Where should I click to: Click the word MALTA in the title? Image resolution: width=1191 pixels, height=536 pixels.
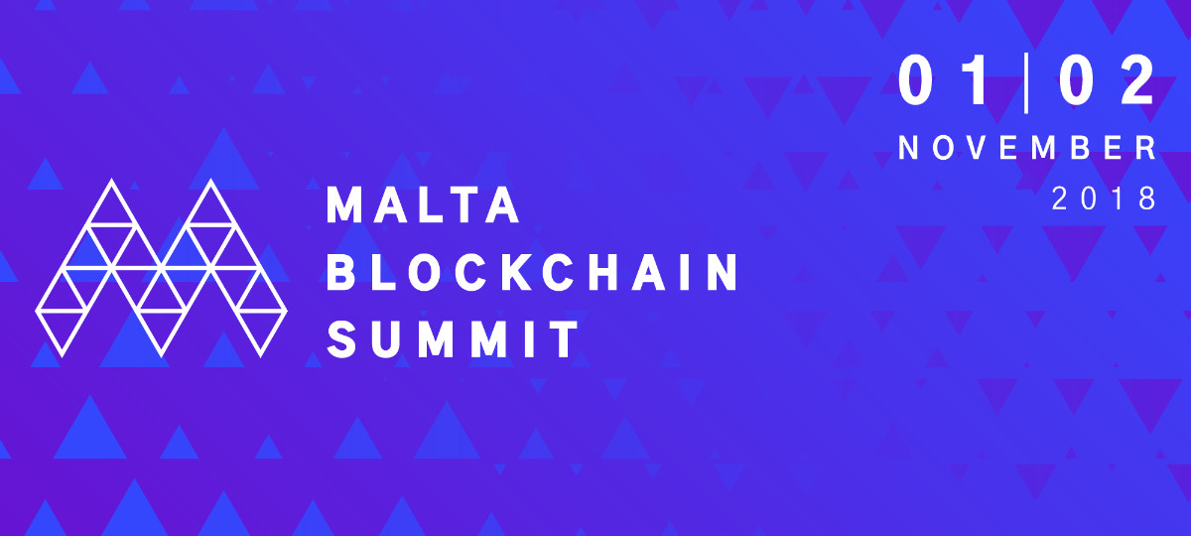point(423,204)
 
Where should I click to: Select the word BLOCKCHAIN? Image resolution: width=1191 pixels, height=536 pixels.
point(533,272)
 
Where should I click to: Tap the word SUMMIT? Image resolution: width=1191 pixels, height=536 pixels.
point(454,338)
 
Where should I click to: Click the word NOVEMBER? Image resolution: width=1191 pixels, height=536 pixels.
point(1027,148)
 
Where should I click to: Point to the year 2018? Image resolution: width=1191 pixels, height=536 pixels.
point(1104,199)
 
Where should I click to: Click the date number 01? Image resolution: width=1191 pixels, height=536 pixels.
point(944,81)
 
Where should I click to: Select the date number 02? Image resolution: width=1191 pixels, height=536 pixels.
point(1107,81)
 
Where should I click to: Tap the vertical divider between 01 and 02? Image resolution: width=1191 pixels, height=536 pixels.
point(1025,82)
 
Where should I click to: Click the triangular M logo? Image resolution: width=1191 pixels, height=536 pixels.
point(161,268)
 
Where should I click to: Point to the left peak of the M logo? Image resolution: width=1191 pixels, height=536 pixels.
point(111,181)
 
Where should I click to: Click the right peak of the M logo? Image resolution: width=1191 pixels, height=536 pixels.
point(211,181)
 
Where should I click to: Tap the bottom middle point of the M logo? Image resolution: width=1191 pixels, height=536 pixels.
point(161,354)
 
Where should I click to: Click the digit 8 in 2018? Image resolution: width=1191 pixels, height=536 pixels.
point(1147,199)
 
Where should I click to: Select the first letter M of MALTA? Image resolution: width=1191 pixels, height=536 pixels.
point(344,204)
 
